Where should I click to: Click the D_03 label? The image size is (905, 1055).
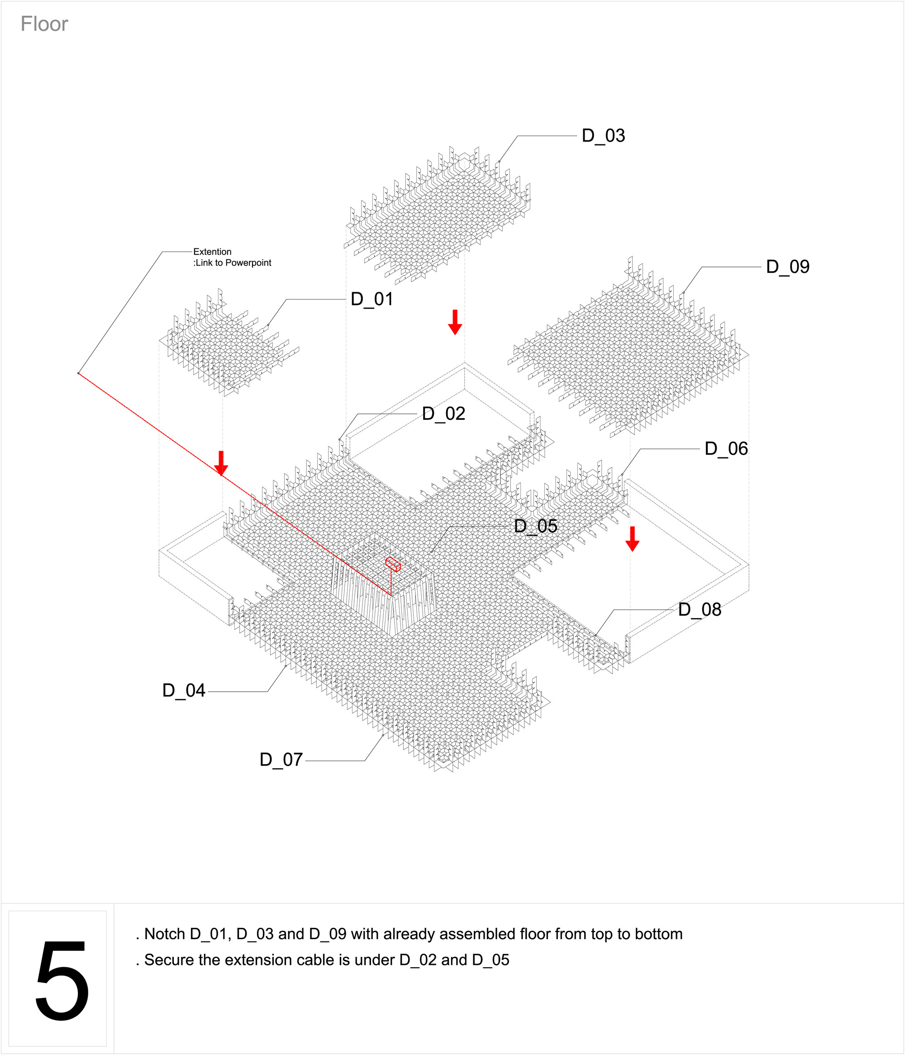click(603, 136)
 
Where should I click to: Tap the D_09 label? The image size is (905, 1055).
click(787, 267)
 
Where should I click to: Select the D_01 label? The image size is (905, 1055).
click(372, 299)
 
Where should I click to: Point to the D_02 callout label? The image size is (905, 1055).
click(443, 414)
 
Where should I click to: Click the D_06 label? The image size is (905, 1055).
click(726, 449)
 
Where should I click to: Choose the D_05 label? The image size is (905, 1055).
click(535, 527)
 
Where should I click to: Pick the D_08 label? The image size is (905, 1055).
click(699, 610)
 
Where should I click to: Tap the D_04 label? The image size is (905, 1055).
click(183, 691)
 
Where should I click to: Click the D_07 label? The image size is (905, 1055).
click(281, 760)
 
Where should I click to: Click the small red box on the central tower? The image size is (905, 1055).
click(393, 564)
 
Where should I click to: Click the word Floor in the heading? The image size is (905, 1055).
click(44, 24)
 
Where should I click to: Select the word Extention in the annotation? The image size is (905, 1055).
click(212, 252)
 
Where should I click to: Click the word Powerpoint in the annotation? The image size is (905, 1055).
click(248, 263)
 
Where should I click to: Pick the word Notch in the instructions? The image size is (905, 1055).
click(165, 934)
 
